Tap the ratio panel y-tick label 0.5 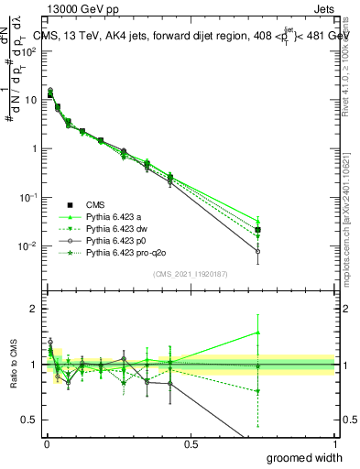point(30,420)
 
